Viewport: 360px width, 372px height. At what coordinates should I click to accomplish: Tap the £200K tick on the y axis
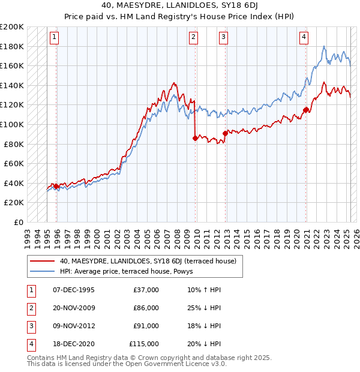click(x=13, y=27)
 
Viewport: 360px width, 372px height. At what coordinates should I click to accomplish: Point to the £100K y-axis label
click(x=13, y=124)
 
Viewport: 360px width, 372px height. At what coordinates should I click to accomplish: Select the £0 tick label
click(x=19, y=222)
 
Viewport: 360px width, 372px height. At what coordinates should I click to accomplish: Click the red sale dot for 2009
click(x=195, y=138)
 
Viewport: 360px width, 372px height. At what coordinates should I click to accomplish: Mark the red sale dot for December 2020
click(x=306, y=110)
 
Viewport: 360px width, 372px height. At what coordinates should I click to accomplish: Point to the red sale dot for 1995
click(x=56, y=186)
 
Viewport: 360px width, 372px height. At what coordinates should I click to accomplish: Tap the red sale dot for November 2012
click(x=224, y=133)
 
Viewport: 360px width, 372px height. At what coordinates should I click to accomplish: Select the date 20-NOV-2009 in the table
click(x=74, y=308)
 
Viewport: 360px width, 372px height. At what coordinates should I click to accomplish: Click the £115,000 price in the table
click(x=144, y=344)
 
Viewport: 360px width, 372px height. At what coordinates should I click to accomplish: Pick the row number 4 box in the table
click(x=31, y=344)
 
